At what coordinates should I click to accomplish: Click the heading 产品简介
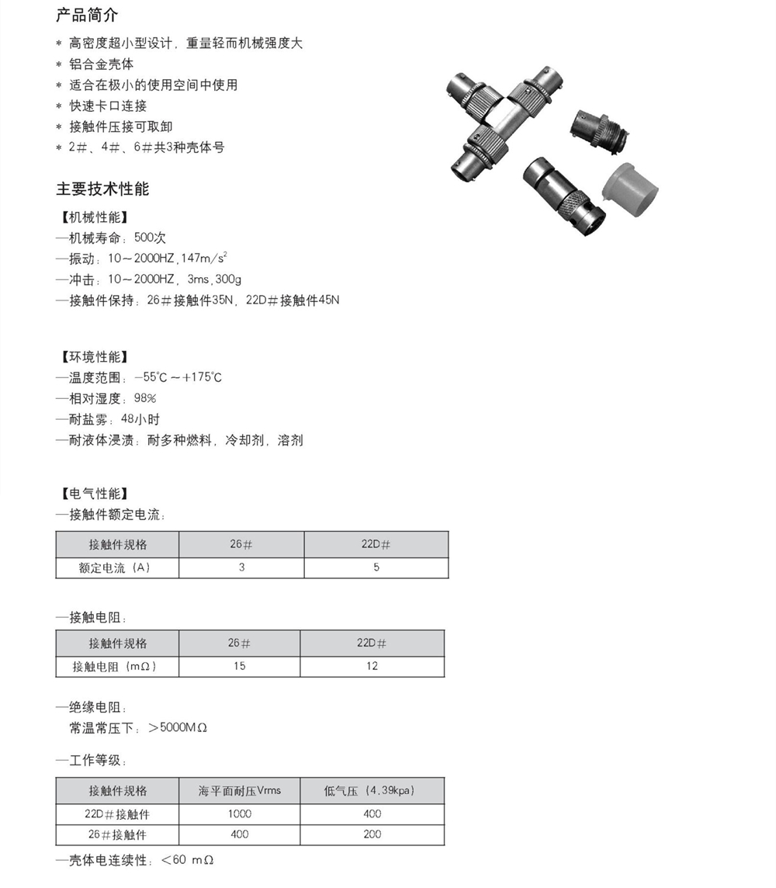point(87,16)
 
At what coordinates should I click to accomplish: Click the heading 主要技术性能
point(102,189)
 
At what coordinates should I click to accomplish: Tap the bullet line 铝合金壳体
point(101,64)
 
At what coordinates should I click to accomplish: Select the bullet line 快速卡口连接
point(108,106)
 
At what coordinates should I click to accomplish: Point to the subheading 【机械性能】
point(94,217)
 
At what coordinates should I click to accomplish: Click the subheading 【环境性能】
point(94,357)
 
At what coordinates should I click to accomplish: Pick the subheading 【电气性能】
point(94,494)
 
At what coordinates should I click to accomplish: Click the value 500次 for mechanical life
point(151,238)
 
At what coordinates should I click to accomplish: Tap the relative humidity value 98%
point(144,398)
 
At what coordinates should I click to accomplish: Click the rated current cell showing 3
point(241,567)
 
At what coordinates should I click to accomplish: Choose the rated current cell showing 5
point(376,567)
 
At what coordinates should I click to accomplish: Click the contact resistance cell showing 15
point(239,666)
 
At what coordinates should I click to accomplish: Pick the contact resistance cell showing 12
point(372,666)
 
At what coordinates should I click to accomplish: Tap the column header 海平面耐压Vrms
point(240,791)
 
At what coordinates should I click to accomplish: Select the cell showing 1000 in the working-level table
point(240,813)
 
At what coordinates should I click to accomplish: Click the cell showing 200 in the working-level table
point(372,834)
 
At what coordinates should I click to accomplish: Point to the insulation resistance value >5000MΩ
point(178,728)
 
